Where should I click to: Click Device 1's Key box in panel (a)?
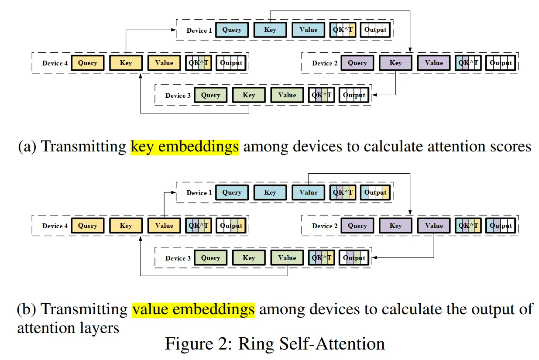pyautogui.click(x=270, y=30)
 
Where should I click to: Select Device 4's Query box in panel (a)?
pyautogui.click(x=88, y=63)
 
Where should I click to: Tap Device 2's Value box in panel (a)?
pyautogui.click(x=434, y=63)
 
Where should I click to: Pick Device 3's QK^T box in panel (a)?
pyautogui.click(x=321, y=95)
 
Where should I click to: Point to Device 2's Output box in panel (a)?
pyautogui.click(x=501, y=63)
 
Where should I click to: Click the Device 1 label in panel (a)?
pyautogui.click(x=199, y=31)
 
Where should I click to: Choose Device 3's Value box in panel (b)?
pyautogui.click(x=287, y=258)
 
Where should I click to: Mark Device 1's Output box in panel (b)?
pyautogui.click(x=375, y=192)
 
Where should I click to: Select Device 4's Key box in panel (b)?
pyautogui.click(x=126, y=226)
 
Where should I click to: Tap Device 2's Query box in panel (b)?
pyautogui.click(x=357, y=226)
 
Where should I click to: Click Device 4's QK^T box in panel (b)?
pyautogui.click(x=199, y=226)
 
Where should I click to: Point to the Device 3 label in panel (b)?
pyautogui.click(x=178, y=258)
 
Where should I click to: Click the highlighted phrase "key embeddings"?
pyautogui.click(x=185, y=147)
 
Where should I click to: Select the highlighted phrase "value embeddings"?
pyautogui.click(x=193, y=309)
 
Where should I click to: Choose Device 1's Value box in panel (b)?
pyautogui.click(x=308, y=192)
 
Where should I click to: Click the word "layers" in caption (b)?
pyautogui.click(x=100, y=327)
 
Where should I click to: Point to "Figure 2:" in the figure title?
pyautogui.click(x=199, y=344)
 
